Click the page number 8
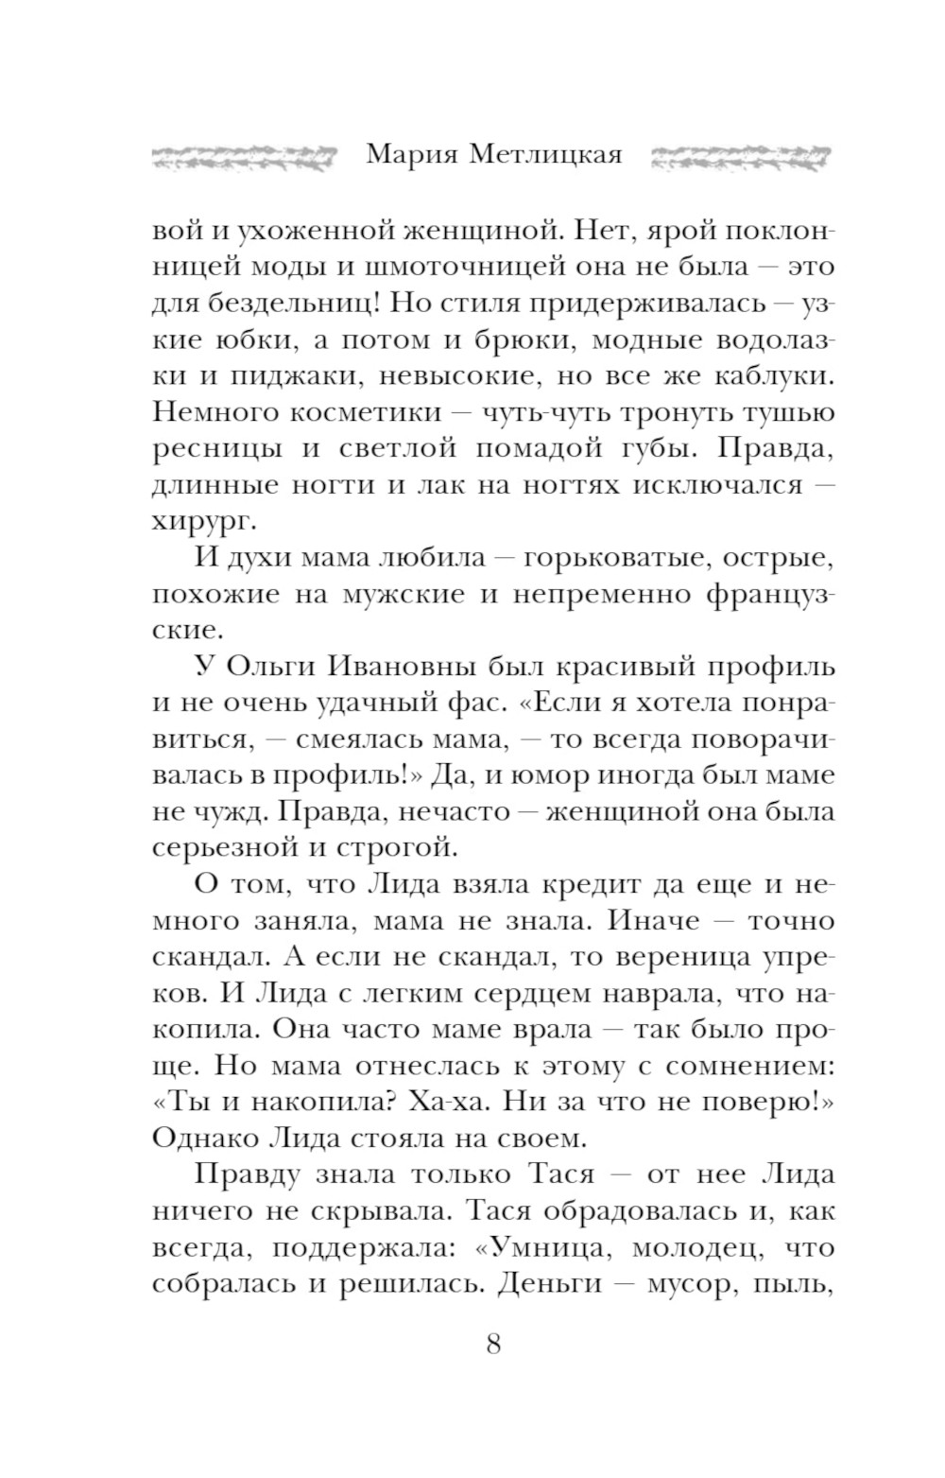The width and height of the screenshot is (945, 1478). click(492, 1343)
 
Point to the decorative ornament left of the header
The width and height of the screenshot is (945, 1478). click(244, 156)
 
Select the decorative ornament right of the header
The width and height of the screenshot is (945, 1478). click(741, 156)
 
